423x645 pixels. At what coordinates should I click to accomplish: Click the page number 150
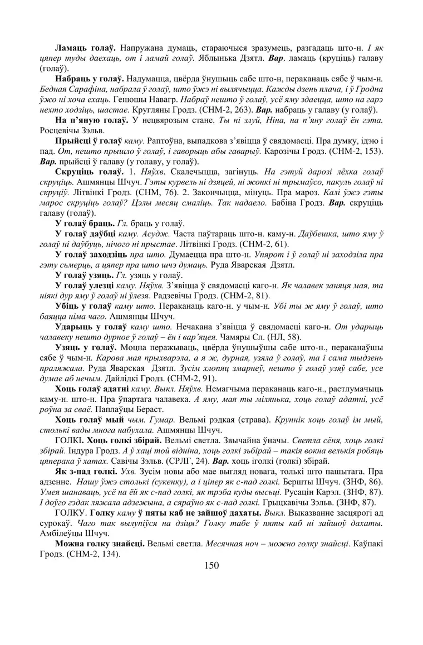pyautogui.click(x=211, y=565)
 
